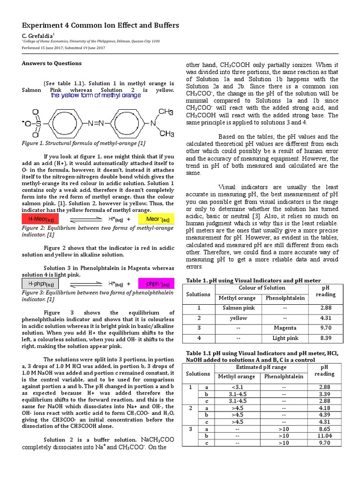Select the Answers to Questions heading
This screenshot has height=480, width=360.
tap(52, 63)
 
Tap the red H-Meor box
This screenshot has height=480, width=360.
tap(41, 219)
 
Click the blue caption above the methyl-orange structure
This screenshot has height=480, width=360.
tap(96, 96)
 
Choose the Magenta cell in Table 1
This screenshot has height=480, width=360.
tap(285, 328)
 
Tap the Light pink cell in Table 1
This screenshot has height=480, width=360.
tap(285, 338)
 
